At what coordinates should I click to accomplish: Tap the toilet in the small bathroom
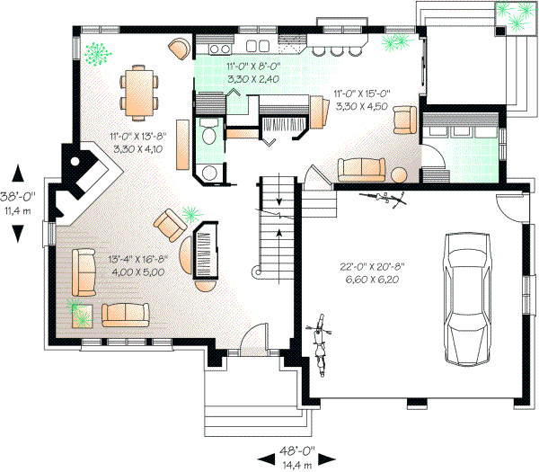tap(208, 135)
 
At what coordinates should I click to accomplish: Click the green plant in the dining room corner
tap(93, 54)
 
